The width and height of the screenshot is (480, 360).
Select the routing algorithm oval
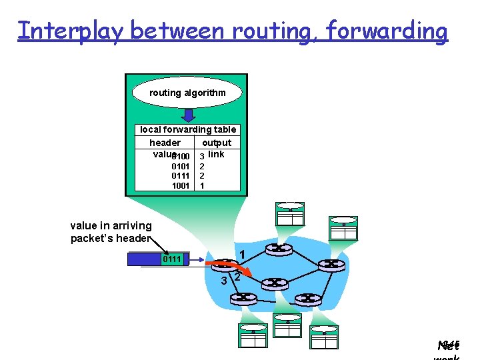(x=187, y=93)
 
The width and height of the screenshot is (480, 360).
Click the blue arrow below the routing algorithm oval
(x=188, y=114)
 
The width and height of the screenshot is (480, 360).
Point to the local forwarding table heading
(x=188, y=129)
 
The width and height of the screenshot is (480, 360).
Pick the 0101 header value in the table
(x=181, y=166)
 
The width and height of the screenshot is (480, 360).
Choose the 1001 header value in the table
(x=181, y=186)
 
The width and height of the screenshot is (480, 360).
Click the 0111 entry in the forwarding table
(x=181, y=176)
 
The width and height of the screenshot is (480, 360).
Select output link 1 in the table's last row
(x=202, y=186)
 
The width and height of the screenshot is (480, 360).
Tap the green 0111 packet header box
(x=172, y=259)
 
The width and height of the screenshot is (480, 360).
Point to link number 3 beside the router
(x=224, y=281)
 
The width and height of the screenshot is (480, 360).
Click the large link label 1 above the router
(x=243, y=254)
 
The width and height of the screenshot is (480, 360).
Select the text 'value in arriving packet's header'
(x=111, y=232)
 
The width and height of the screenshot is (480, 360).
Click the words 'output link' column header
(x=216, y=148)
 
